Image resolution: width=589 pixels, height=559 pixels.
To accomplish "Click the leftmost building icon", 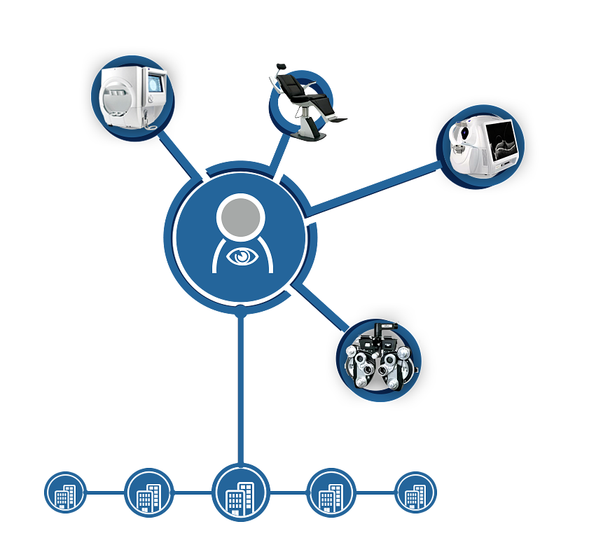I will point(65,494).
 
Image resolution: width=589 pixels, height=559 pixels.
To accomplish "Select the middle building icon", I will point(240,497).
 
